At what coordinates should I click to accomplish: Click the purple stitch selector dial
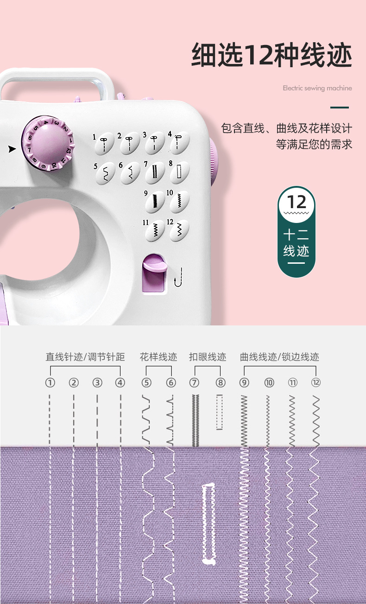48,143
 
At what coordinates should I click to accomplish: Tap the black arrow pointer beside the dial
12,149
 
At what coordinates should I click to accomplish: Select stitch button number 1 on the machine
104,143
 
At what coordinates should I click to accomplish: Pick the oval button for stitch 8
179,172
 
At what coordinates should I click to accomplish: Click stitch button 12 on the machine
179,230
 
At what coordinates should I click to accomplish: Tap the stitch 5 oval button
105,173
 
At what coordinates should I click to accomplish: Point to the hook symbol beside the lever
178,277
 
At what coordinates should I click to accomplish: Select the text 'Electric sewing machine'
317,88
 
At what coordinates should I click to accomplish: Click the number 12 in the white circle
297,202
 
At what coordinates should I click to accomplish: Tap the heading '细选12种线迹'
271,55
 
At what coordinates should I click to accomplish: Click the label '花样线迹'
158,357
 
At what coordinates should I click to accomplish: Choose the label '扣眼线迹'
208,357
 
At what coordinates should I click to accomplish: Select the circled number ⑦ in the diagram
194,382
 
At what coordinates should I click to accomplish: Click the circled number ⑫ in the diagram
316,382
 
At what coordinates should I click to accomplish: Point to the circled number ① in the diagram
50,382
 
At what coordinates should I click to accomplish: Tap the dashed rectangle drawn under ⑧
220,412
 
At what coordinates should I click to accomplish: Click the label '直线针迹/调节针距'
85,357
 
